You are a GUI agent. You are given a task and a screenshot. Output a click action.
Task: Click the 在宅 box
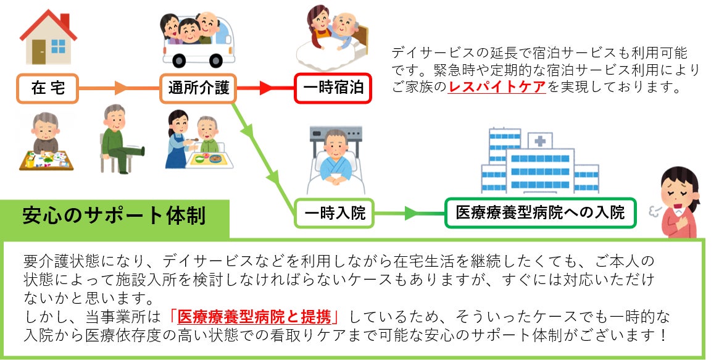point(48,88)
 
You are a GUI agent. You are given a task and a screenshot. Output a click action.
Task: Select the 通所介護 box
point(198,88)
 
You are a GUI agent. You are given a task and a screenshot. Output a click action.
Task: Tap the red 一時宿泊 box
point(333,88)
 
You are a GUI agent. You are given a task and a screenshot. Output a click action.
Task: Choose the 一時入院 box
point(334,214)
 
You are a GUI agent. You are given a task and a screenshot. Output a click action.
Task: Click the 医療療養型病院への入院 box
point(539,214)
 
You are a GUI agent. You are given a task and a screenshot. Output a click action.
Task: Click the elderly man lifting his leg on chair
point(117,139)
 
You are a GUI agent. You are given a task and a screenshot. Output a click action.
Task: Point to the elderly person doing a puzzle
point(46,142)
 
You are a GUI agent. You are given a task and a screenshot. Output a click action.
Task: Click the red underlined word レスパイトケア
point(497,87)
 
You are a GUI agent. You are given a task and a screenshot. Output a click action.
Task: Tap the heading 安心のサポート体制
point(114,217)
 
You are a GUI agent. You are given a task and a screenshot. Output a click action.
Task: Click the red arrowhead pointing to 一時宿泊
point(266,88)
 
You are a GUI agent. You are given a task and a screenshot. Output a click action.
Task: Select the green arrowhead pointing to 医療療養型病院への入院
point(410,214)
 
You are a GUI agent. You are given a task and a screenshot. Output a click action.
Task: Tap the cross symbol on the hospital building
point(540,141)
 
